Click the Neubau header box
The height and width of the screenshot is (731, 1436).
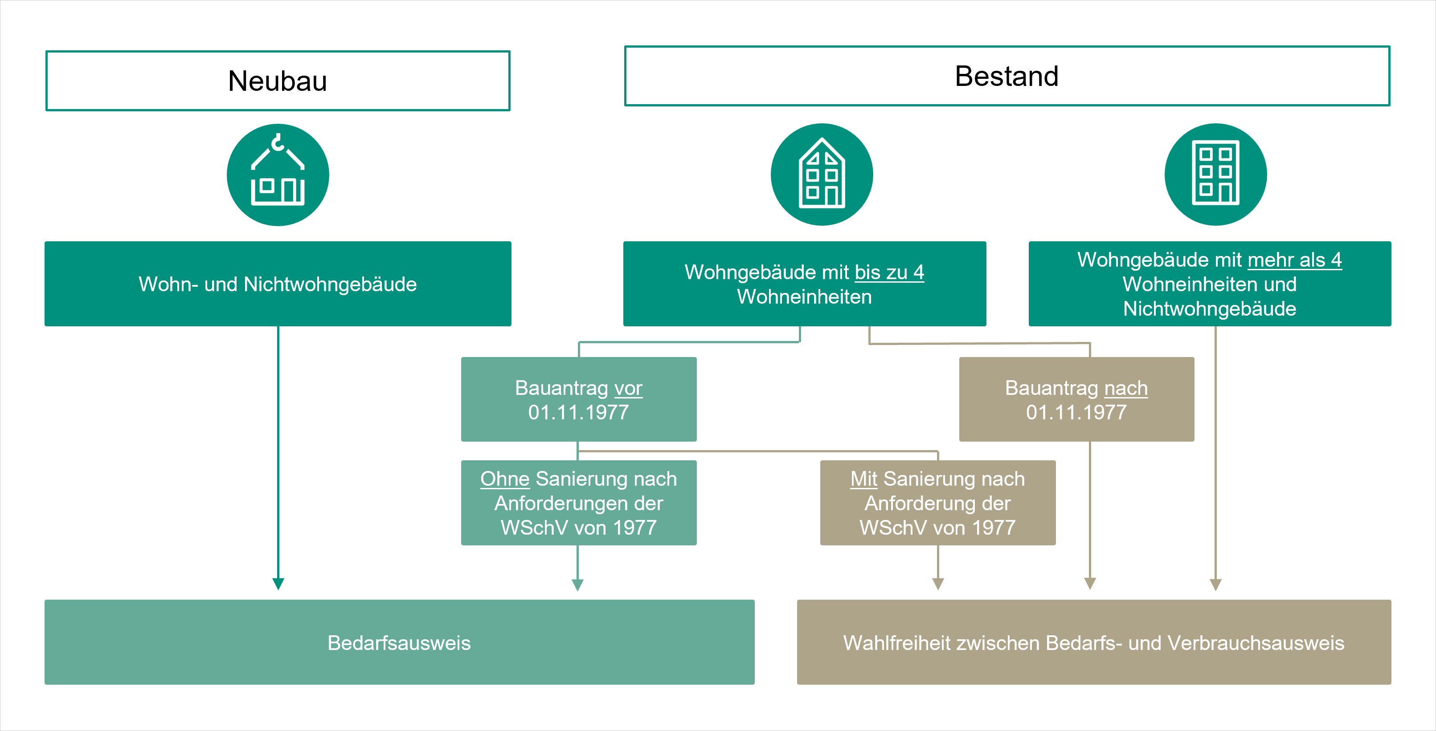[278, 81]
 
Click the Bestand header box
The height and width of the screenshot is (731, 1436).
[1007, 76]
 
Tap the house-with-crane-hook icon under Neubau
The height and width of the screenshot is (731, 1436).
[278, 175]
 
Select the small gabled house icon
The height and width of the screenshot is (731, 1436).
[822, 175]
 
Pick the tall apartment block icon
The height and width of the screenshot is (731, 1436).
[1215, 175]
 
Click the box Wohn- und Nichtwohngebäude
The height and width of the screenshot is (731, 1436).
[278, 284]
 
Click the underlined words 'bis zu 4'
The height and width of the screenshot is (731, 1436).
[889, 272]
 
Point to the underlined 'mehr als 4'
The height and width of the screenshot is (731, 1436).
[1294, 260]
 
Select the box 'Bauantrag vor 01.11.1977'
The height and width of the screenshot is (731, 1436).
[579, 399]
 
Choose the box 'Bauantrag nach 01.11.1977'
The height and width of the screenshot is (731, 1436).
[1076, 399]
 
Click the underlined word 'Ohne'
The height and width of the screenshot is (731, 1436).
[504, 479]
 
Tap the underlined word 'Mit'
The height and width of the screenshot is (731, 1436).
[863, 479]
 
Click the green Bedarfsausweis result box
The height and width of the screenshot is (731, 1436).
[399, 642]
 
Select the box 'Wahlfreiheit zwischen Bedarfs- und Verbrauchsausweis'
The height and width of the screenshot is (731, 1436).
[1094, 642]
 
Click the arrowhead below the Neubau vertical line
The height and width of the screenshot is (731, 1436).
[278, 583]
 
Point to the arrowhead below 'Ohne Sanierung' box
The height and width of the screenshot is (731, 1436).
[577, 585]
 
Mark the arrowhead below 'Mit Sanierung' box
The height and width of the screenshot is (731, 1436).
[938, 583]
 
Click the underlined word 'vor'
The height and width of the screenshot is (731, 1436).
[628, 388]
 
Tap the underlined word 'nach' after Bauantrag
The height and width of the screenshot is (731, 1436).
[1126, 388]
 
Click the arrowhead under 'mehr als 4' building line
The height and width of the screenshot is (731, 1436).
[1216, 585]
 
